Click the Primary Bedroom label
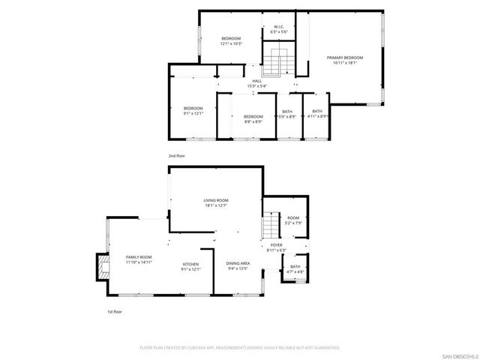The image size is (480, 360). (x=344, y=61)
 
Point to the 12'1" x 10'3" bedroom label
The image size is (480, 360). (x=230, y=41)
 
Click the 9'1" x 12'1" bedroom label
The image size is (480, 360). (x=193, y=111)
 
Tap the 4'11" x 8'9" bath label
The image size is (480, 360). (x=317, y=114)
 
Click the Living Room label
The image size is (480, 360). (x=216, y=202)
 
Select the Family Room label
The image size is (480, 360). (x=139, y=259)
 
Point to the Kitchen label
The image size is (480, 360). (x=191, y=267)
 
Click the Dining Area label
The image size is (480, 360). (x=238, y=266)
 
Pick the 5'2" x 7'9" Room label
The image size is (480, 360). (x=292, y=220)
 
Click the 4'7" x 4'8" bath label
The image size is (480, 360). (x=295, y=268)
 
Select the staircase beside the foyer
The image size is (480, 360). (x=269, y=223)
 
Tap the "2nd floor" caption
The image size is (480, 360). (x=177, y=155)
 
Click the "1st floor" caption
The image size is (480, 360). (x=114, y=310)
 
